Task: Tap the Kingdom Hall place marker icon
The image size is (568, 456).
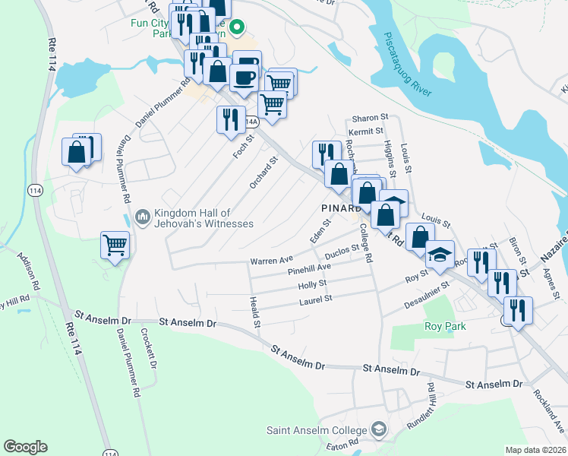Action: tap(142, 218)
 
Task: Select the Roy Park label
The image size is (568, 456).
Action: tap(445, 326)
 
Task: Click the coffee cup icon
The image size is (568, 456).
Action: tap(243, 77)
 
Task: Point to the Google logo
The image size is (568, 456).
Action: tap(25, 447)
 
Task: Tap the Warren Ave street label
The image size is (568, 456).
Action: tap(272, 261)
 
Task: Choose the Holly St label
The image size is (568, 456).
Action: tap(312, 283)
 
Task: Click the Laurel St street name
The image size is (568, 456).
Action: tap(317, 299)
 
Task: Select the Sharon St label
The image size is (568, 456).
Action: tap(369, 119)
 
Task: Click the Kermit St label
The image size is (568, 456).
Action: tap(367, 132)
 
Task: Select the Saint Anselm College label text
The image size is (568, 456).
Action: tap(317, 431)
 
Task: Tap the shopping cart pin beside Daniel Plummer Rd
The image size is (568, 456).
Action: tap(115, 245)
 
